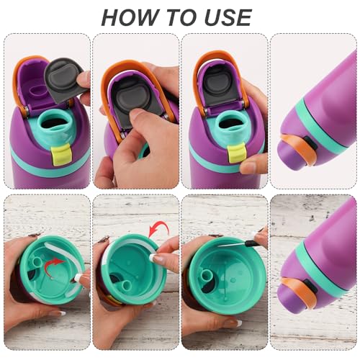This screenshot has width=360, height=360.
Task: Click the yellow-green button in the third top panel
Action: point(233,153)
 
